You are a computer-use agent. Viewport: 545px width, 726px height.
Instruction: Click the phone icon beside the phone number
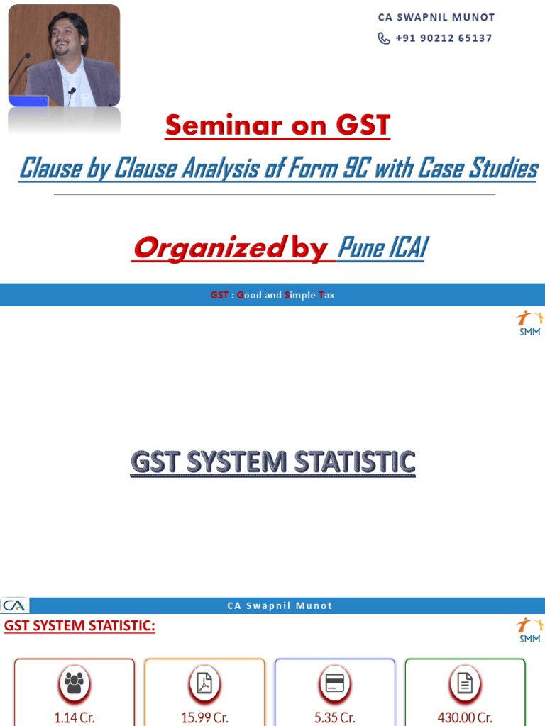click(x=384, y=38)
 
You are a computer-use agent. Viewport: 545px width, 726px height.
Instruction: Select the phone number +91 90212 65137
click(x=444, y=38)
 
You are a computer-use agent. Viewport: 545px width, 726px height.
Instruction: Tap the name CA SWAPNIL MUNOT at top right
click(x=436, y=17)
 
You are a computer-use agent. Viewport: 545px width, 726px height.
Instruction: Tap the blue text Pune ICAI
click(x=382, y=247)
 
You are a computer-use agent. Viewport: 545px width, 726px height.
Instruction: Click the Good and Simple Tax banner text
click(x=272, y=295)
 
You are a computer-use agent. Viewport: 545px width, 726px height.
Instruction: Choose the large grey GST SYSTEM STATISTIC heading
click(x=272, y=463)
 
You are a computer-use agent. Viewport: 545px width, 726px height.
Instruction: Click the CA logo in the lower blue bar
click(x=14, y=605)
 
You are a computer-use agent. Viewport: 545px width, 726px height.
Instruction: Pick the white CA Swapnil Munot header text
click(x=280, y=605)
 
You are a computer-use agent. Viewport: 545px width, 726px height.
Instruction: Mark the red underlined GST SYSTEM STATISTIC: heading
click(x=79, y=626)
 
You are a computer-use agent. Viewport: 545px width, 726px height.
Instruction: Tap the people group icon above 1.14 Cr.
click(x=74, y=683)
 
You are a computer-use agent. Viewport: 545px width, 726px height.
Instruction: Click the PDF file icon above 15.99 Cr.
click(x=204, y=683)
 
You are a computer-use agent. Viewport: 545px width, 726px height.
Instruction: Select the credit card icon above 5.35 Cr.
click(x=335, y=683)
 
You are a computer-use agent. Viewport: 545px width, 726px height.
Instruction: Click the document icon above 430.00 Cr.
click(x=465, y=683)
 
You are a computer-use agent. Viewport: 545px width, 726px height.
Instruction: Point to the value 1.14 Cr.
click(x=74, y=717)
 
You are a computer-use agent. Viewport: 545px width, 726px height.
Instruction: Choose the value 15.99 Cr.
click(x=204, y=717)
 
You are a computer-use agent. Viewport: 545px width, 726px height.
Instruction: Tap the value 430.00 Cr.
click(x=465, y=717)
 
